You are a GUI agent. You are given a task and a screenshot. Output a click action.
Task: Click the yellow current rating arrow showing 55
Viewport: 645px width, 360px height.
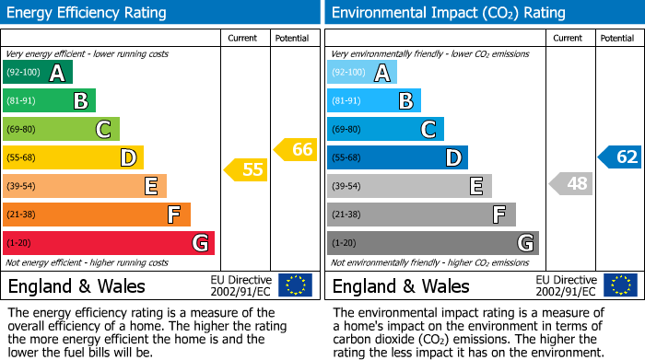[x=245, y=169]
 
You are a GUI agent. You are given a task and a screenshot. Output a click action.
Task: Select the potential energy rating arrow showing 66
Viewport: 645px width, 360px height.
[x=296, y=149]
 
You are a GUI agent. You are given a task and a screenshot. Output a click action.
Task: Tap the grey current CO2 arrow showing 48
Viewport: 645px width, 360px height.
[x=570, y=183]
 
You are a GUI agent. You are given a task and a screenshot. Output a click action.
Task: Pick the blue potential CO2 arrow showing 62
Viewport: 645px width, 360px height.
[x=620, y=157]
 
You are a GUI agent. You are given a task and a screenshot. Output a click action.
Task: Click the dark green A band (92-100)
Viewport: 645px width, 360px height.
[x=38, y=73]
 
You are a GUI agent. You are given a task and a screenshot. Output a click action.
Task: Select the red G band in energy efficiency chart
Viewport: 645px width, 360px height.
[x=109, y=243]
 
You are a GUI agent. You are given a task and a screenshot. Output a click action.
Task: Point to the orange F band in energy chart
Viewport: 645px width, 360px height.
[x=97, y=215]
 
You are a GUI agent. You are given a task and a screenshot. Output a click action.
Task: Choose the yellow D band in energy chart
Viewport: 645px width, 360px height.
[x=74, y=158]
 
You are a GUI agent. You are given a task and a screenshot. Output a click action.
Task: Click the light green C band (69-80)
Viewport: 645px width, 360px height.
[x=62, y=130]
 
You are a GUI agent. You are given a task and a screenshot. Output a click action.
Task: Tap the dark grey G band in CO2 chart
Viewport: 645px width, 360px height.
[x=433, y=243]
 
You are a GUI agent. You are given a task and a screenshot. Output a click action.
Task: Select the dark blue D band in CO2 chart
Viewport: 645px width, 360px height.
[x=398, y=158]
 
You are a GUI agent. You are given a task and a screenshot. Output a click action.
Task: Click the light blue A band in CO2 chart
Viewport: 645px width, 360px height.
[x=362, y=73]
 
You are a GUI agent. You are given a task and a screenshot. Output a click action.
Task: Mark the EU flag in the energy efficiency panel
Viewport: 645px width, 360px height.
[x=295, y=285]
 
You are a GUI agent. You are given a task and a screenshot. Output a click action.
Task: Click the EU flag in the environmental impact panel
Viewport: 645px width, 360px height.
[x=620, y=285]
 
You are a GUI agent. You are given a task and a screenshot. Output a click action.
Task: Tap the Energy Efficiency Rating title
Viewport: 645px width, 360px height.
[x=88, y=13]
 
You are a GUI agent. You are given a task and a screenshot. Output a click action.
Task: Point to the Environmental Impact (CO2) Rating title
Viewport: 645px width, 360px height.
[x=447, y=13]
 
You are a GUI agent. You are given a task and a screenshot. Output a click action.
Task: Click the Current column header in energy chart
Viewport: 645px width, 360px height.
[x=243, y=38]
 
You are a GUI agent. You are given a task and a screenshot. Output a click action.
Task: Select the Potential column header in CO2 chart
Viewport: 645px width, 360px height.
[x=617, y=38]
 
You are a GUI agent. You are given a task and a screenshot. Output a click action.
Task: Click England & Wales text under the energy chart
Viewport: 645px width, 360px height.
[x=76, y=285]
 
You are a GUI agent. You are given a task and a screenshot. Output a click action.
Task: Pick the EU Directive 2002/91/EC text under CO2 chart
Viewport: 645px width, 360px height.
[x=566, y=285]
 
